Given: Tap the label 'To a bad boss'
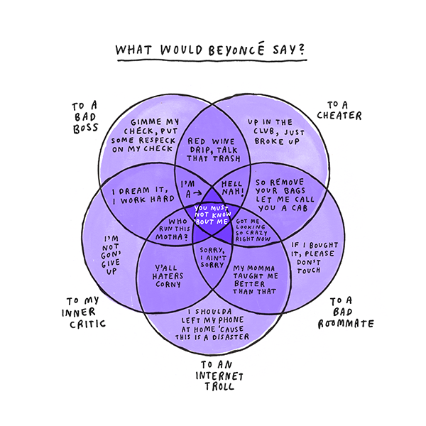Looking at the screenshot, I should point(84,115).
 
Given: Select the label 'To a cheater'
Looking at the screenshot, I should point(346,110).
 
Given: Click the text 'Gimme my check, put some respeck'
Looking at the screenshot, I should point(138,136).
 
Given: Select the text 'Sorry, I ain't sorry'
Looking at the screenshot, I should point(212,256).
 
